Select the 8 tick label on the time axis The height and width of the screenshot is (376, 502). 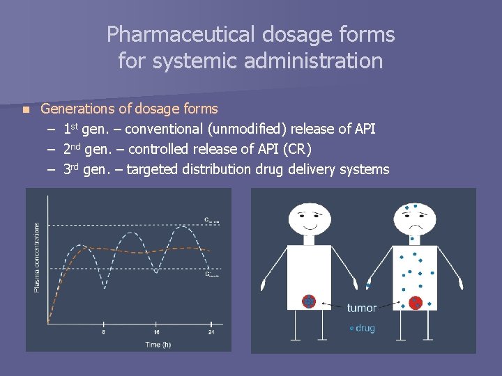click(104, 332)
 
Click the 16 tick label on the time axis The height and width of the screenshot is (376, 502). click(156, 332)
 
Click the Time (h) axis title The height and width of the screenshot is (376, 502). click(158, 344)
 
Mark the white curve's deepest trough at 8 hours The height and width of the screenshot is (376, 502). click(104, 287)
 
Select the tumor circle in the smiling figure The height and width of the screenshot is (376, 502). click(309, 301)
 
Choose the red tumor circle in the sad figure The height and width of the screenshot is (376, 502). click(416, 302)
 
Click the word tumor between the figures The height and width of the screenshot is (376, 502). click(362, 308)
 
